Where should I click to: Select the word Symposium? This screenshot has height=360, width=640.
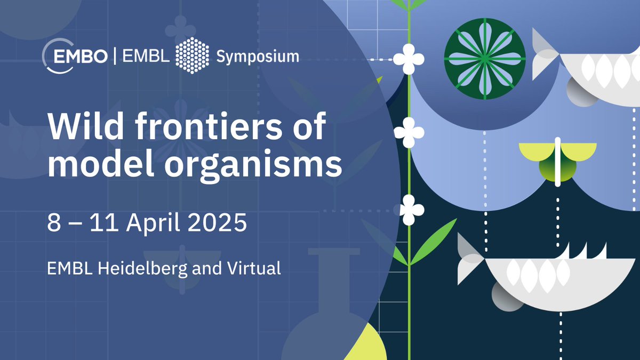pyautogui.click(x=258, y=56)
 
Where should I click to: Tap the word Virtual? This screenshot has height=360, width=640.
pyautogui.click(x=255, y=268)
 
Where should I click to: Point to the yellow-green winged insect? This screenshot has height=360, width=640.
pyautogui.click(x=557, y=160)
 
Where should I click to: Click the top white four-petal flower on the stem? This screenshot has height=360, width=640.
pyautogui.click(x=409, y=59)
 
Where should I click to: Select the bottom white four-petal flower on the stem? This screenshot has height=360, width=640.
pyautogui.click(x=409, y=210)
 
